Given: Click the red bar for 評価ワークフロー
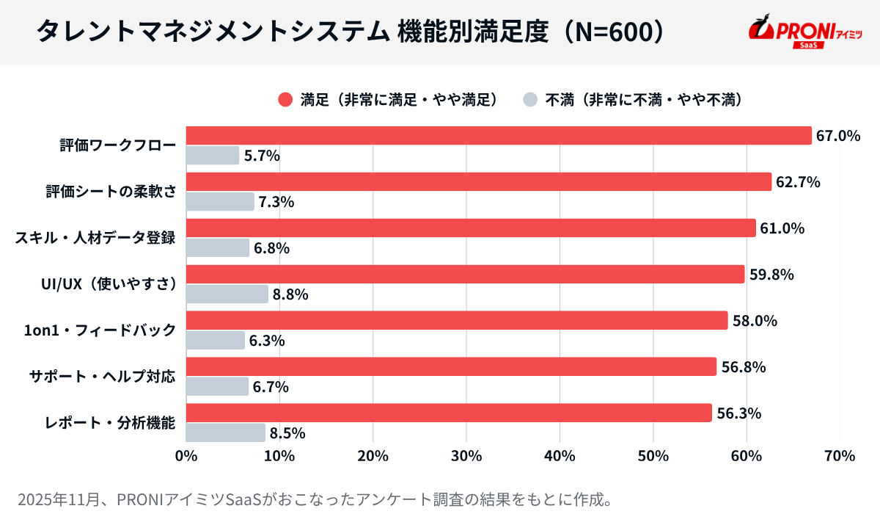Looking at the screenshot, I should click(499, 135).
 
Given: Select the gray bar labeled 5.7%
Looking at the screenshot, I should click(213, 155).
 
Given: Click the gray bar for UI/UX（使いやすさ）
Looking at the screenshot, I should click(227, 294).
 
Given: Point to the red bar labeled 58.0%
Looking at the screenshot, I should click(456, 320).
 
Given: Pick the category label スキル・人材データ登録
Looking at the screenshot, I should click(96, 238).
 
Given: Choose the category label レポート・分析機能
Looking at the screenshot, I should click(109, 423).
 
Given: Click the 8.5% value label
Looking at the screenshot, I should click(287, 433).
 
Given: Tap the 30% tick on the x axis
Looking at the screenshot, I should click(466, 456).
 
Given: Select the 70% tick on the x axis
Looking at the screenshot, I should click(840, 456).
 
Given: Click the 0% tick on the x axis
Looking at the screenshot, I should click(186, 456).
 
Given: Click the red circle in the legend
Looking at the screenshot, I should click(285, 99).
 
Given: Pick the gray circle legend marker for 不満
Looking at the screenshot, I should click(530, 99).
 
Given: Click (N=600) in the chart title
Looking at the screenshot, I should click(617, 31).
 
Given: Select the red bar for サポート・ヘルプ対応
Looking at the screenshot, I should click(451, 366).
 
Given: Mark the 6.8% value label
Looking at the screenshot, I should click(271, 248).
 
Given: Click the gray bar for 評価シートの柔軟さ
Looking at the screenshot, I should click(220, 201).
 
